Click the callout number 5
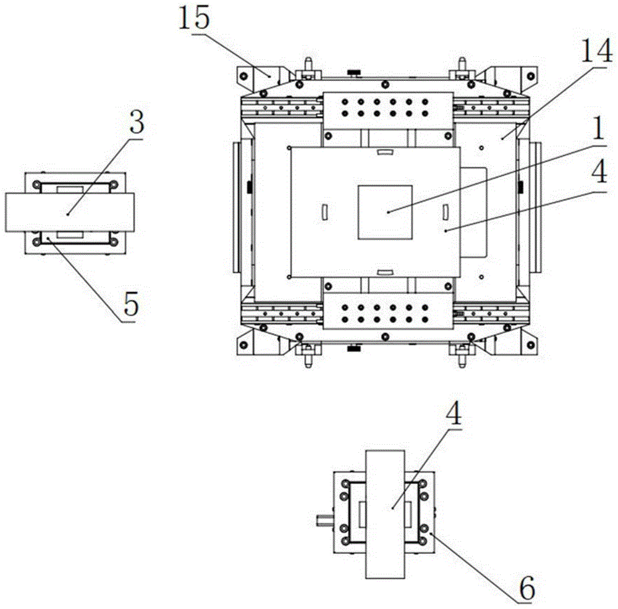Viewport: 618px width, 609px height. point(129,303)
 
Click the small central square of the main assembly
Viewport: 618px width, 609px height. point(385,211)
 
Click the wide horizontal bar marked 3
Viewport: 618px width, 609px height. point(69,211)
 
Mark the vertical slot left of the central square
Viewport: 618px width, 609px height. point(324,211)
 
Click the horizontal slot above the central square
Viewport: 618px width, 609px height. point(385,151)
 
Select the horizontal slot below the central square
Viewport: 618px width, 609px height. point(385,271)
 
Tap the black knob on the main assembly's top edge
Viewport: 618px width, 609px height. point(354,74)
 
